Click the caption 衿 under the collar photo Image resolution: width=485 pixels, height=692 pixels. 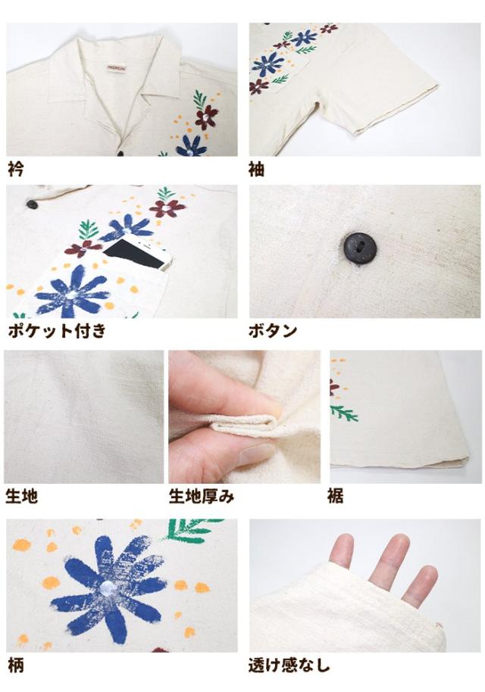click(16, 169)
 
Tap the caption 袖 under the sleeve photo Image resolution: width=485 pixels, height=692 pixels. click(257, 169)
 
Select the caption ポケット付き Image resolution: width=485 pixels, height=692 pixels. click(57, 331)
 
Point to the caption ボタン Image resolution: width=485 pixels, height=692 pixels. click(273, 331)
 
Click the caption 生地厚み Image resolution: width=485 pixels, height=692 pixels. click(202, 497)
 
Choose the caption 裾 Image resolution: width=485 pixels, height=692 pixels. click(335, 497)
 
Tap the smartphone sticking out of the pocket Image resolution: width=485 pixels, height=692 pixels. click(137, 254)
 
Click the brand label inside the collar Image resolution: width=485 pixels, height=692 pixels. click(117, 67)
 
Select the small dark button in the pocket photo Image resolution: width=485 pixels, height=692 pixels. click(32, 204)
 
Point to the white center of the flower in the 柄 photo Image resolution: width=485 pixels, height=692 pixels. click(108, 588)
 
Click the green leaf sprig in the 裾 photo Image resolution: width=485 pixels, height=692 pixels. click(343, 413)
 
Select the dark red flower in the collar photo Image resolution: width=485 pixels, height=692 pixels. click(206, 117)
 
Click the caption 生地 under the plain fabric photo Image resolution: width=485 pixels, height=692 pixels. click(21, 497)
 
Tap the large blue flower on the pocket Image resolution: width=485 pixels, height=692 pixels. click(72, 292)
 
